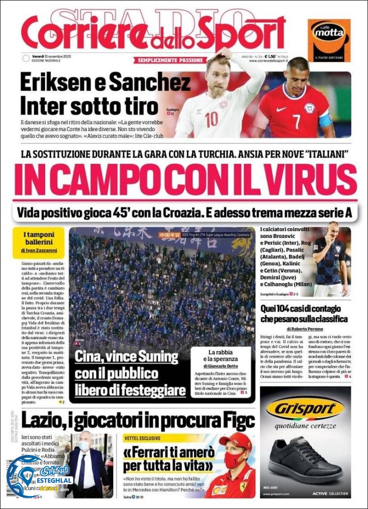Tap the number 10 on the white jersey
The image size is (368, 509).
click(212, 119)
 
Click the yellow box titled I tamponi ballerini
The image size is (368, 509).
click(38, 242)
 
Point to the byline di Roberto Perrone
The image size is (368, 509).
click(305, 329)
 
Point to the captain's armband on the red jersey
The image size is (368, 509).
click(325, 119)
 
